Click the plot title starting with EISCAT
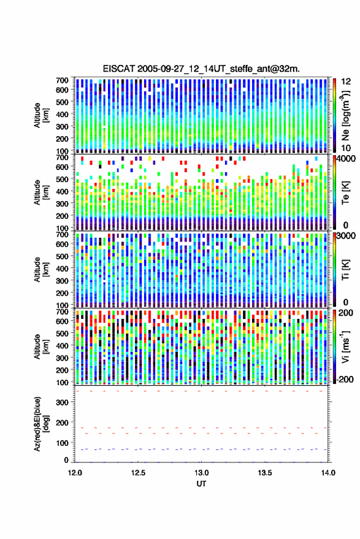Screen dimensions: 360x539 pyautogui.click(x=201, y=69)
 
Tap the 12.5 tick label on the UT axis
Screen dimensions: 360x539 pyautogui.click(x=138, y=473)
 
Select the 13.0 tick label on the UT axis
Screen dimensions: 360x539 pyautogui.click(x=202, y=473)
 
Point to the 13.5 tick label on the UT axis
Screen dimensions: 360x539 pyautogui.click(x=265, y=473)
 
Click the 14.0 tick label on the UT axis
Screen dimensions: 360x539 pyautogui.click(x=328, y=473)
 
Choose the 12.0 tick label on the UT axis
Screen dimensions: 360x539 pyautogui.click(x=75, y=473)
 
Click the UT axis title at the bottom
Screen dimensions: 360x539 pyautogui.click(x=202, y=484)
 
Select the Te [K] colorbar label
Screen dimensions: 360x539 pyautogui.click(x=345, y=193)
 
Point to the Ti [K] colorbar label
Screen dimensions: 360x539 pyautogui.click(x=345, y=270)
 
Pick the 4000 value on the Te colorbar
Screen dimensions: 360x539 pyautogui.click(x=346, y=159)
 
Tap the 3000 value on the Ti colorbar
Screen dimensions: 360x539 pyautogui.click(x=346, y=236)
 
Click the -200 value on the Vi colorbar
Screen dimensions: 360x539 pyautogui.click(x=344, y=379)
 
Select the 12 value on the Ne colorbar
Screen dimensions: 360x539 pyautogui.click(x=346, y=82)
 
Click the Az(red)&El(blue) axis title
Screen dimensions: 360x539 pyautogui.click(x=41, y=424)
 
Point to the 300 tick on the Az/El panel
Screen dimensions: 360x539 pyautogui.click(x=63, y=402)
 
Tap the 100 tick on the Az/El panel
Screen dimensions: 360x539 pyautogui.click(x=63, y=443)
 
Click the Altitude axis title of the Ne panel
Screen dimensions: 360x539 pyautogui.click(x=41, y=115)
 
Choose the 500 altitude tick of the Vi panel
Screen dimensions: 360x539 pyautogui.click(x=62, y=333)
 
